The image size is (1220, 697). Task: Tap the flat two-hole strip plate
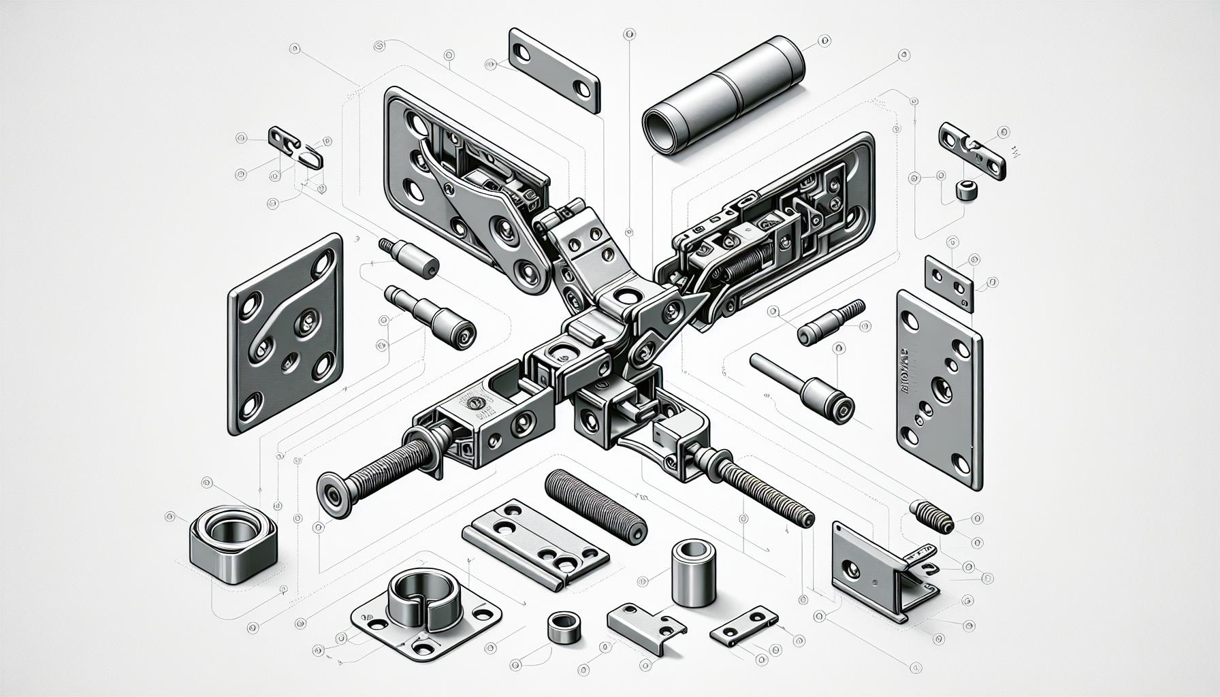[555, 70]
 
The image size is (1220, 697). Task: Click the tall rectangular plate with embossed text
[940, 388]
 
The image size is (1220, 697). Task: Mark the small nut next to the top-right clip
[965, 190]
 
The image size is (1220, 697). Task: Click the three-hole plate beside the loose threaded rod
[534, 541]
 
